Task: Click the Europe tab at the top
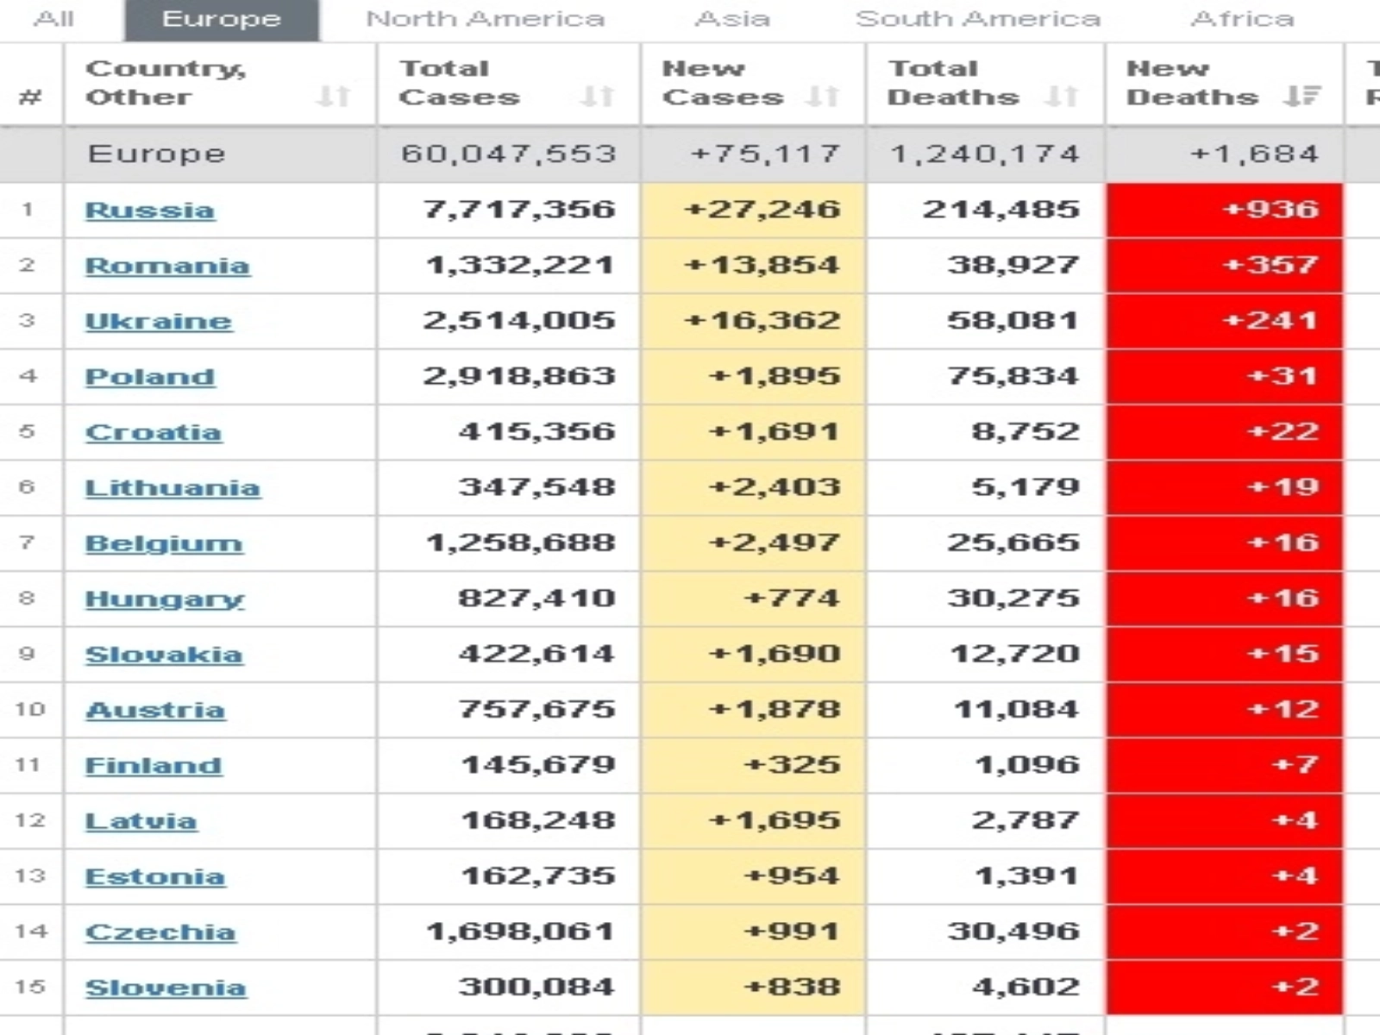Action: [222, 19]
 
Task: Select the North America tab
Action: [486, 19]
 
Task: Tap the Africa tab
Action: [1242, 19]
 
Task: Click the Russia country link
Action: [150, 210]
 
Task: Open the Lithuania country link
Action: [172, 488]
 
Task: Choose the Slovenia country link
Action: [166, 988]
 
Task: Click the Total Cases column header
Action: [460, 83]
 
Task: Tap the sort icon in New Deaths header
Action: [1302, 97]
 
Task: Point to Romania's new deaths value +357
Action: [1270, 265]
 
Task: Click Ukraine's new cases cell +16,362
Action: [762, 321]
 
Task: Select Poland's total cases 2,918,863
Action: [519, 376]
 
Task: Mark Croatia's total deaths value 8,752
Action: [1026, 431]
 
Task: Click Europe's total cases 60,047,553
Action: [509, 154]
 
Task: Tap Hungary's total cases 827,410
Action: [536, 598]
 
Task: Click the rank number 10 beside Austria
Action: [29, 709]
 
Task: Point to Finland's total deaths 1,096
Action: [1026, 764]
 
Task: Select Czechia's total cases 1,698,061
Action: [520, 931]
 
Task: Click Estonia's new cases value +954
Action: [791, 875]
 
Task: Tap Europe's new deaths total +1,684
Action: [1254, 154]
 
